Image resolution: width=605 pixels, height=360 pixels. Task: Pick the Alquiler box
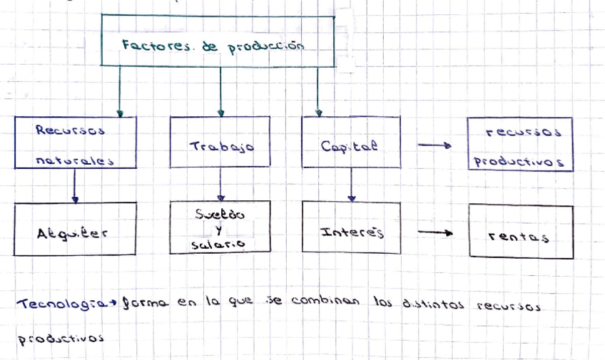point(75,232)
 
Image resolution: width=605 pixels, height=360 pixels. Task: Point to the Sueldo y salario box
point(220,227)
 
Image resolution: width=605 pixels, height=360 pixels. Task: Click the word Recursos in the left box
point(70,130)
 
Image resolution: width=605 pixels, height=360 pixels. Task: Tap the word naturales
point(75,160)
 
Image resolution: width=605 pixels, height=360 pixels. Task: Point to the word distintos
point(429,304)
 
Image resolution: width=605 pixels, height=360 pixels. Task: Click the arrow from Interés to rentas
point(434,232)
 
